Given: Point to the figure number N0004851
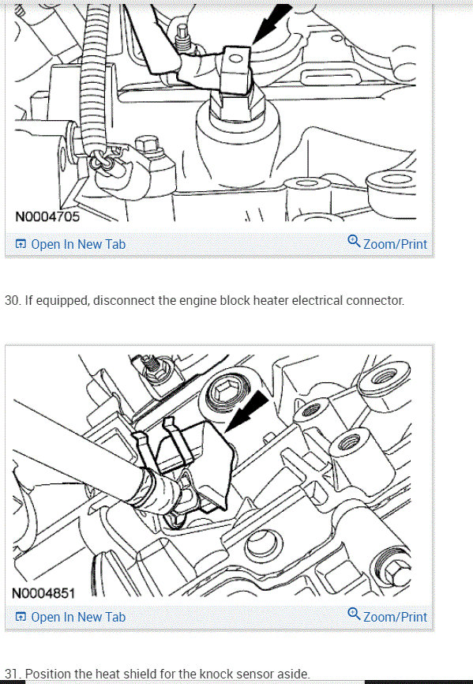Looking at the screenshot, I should (x=47, y=592).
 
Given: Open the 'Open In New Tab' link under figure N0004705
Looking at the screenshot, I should (x=77, y=244).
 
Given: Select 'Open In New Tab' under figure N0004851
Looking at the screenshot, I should (x=77, y=617).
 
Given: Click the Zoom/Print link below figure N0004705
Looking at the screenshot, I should (x=395, y=244).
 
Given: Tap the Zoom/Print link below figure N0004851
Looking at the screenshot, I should (x=395, y=617).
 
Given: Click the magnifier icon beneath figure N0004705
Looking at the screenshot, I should (x=354, y=242).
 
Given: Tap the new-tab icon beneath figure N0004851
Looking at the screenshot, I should (x=21, y=617).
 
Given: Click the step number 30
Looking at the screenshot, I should (x=12, y=301).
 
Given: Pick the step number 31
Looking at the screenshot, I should (x=12, y=675).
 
